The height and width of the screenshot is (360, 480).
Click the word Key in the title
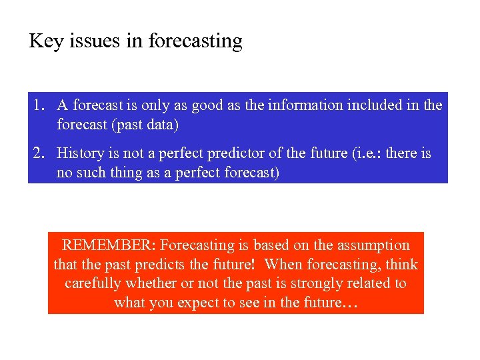tap(45, 42)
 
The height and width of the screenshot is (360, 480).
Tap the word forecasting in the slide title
tap(195, 42)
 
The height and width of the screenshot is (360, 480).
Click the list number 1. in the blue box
tap(38, 105)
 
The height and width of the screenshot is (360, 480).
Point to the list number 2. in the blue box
tap(38, 153)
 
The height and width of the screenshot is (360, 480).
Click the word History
tap(80, 153)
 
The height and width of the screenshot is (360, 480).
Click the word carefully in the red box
tap(93, 283)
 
